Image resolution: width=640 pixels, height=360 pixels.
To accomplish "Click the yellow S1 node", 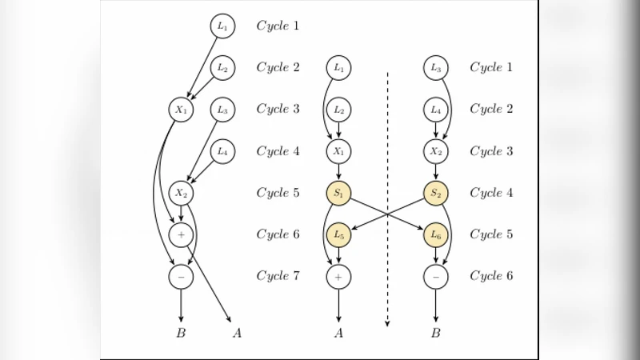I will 338,193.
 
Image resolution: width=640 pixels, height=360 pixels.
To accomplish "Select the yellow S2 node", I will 435,193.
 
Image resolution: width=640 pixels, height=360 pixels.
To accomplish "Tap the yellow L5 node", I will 338,234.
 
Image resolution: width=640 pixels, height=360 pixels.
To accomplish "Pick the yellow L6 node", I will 435,234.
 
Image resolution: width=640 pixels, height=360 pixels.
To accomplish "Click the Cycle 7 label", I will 278,276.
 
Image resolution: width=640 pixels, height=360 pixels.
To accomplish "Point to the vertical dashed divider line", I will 387,200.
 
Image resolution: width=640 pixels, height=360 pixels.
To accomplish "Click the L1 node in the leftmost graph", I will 222,26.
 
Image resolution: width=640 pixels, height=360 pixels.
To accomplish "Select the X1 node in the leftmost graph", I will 181,110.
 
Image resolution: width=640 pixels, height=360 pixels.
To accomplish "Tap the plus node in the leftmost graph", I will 181,234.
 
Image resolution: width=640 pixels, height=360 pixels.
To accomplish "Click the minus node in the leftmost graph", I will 181,276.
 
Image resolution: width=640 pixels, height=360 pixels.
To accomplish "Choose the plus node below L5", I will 338,276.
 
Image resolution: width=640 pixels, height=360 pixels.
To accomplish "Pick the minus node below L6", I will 435,276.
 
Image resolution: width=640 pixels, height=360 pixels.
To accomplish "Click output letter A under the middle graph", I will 338,334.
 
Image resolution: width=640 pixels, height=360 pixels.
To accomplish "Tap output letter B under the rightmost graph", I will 435,334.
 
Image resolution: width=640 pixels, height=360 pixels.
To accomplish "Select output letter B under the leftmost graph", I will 181,334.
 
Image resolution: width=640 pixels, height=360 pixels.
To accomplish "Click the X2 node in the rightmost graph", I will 435,151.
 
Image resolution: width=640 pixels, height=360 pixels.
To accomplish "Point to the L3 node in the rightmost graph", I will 435,68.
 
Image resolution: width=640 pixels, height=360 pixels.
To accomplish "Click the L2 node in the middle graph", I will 338,110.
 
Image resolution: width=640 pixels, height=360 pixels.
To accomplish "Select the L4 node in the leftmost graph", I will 222,151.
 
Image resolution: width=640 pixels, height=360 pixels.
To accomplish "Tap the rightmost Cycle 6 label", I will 491,276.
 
